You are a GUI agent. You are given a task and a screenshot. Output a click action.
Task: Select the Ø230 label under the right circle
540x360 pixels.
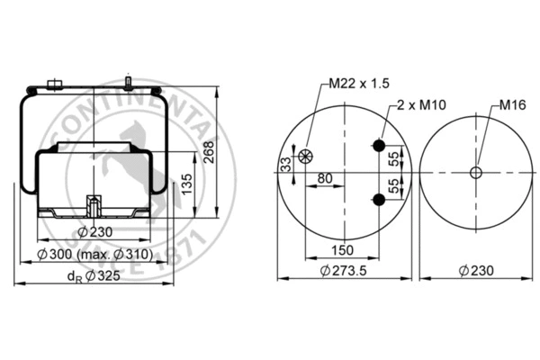pos(476,272)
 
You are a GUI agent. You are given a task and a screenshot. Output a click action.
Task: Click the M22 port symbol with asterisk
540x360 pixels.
pos(305,157)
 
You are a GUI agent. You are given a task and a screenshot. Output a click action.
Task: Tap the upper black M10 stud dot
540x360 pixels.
pos(378,146)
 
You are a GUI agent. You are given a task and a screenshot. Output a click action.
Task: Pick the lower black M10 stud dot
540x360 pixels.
pos(378,201)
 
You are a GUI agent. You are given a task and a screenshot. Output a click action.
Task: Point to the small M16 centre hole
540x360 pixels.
pos(476,173)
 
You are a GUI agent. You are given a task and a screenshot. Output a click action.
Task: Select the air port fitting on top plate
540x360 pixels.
pos(52,85)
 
